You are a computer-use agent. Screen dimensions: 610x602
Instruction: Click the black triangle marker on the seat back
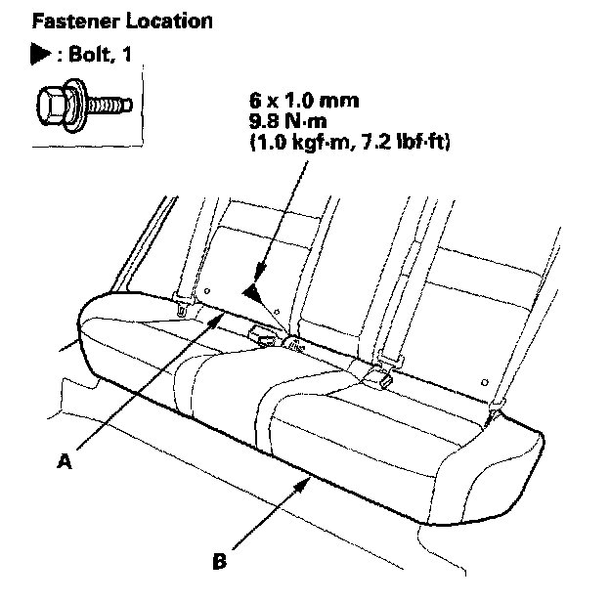[x=253, y=290]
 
